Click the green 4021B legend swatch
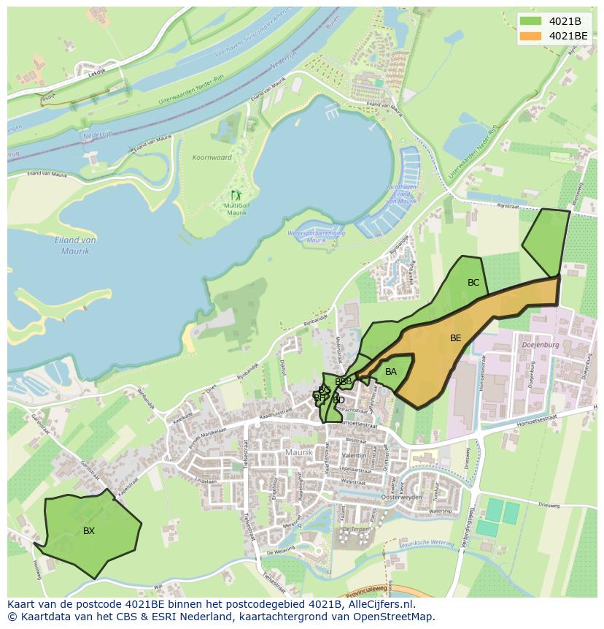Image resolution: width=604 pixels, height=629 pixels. (531, 20)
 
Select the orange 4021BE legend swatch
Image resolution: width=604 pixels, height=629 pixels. (531, 35)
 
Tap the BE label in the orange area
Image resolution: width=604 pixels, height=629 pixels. (456, 338)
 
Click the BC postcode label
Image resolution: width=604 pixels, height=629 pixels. (473, 283)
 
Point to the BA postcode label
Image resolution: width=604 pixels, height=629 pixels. (391, 372)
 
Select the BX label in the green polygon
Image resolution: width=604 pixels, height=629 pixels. (89, 531)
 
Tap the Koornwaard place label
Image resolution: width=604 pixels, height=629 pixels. (212, 158)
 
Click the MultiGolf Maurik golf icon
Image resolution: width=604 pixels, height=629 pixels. (236, 195)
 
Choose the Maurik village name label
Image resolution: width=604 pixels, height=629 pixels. (299, 453)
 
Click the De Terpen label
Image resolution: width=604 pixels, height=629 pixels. (357, 527)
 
